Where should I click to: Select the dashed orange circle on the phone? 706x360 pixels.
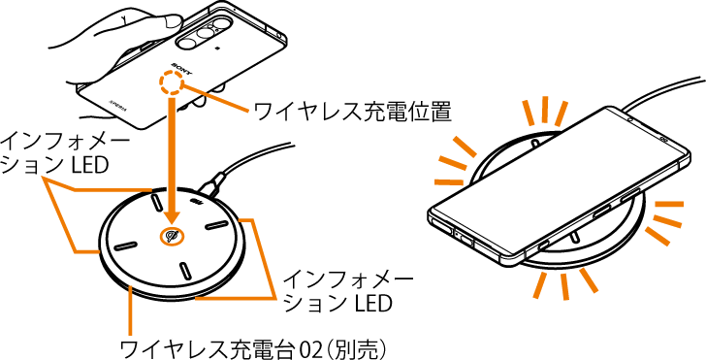coord(171,83)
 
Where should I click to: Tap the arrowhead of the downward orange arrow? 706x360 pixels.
coord(172,214)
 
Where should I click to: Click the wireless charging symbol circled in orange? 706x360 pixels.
coord(172,236)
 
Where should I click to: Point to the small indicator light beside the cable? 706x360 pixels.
coord(197,203)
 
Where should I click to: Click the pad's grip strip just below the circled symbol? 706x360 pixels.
coord(184,270)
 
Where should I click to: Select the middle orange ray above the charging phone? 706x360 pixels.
coord(545,109)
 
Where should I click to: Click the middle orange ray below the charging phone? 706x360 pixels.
coord(564,287)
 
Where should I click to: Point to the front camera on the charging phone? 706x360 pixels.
coord(629,119)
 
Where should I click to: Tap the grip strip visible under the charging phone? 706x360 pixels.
coord(574,237)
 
